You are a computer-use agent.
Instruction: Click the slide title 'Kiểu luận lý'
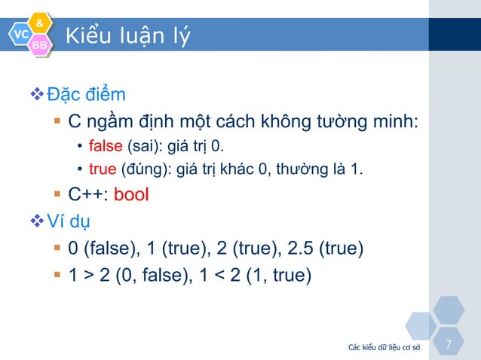point(127,35)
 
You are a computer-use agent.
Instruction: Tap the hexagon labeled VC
point(20,35)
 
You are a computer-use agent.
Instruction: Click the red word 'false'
point(106,145)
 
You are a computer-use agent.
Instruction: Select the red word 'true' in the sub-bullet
point(103,168)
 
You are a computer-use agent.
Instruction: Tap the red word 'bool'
point(131,195)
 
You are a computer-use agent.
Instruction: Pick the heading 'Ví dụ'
point(69,221)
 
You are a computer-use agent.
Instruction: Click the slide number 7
point(449,345)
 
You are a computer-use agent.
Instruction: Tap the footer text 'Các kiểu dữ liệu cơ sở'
point(384,347)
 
